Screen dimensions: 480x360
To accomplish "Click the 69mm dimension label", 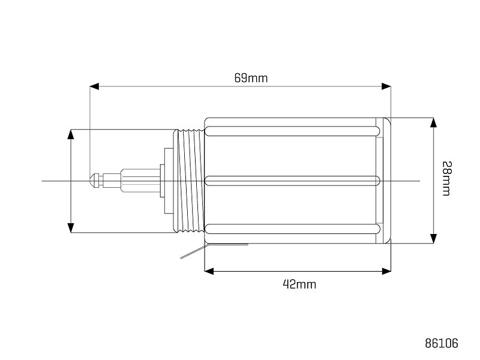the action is (251, 78).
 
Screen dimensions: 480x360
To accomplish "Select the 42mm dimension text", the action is (299, 284).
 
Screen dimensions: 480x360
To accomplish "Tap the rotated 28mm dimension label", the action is (446, 178).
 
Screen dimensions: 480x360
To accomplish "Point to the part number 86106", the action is (442, 343).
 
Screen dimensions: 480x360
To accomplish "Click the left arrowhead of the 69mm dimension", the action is (94, 86).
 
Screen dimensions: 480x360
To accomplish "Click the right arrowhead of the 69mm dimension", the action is (386, 86).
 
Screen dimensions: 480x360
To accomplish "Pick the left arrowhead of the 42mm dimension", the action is (209, 271).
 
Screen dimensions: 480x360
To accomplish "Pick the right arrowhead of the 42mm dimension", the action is (386, 271).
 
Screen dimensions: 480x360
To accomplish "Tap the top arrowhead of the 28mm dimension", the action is (433, 122).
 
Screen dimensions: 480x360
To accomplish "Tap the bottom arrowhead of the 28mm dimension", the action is (433, 239).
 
